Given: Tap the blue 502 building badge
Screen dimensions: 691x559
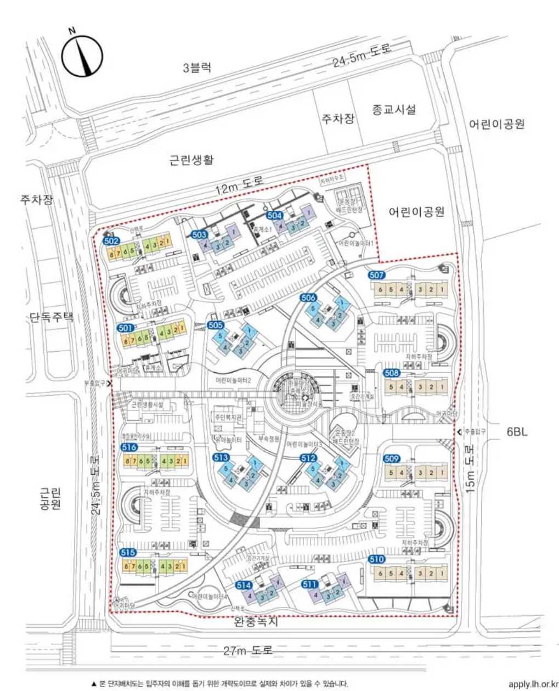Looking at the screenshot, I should coord(111,240).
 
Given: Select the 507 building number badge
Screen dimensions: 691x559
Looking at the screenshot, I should coord(377,275).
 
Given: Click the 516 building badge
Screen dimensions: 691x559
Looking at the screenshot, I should coord(129,447).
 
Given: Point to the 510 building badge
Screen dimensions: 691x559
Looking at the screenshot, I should coord(376,560).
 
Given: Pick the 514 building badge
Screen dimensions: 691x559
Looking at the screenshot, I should coord(244,586).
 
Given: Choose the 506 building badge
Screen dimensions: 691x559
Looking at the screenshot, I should coord(308,297).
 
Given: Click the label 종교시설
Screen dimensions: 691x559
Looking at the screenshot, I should coord(393,109).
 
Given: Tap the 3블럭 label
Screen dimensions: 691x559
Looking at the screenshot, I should coord(196,68).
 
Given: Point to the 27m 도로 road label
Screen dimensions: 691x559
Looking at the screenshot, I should coord(247,650).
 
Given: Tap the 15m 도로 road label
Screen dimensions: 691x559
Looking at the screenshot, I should coord(471,469).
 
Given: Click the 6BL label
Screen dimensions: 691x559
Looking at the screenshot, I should coord(517,432).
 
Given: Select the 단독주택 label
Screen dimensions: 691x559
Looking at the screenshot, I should coord(52,317).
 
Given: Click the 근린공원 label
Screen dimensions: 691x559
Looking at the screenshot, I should coord(50,498).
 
